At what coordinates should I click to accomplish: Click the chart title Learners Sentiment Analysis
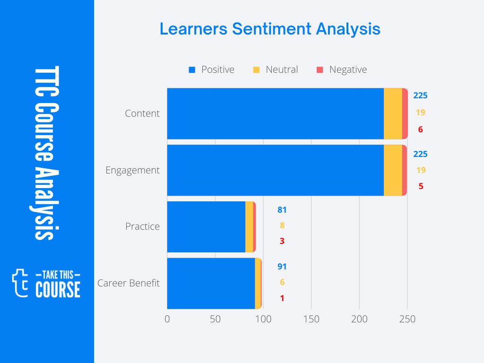[x=270, y=29]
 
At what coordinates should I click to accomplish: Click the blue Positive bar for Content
[x=275, y=113]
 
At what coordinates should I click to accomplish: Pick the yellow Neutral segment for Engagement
[x=393, y=170]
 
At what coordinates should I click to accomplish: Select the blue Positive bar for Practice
[x=206, y=226]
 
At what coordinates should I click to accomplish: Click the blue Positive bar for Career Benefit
[x=211, y=283]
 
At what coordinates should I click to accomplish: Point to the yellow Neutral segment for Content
[x=393, y=113]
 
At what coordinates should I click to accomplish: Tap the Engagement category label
[x=132, y=170]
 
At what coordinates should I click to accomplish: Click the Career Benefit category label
[x=129, y=283]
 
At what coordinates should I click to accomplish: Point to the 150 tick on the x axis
[x=311, y=319]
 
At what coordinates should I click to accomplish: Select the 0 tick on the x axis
[x=167, y=319]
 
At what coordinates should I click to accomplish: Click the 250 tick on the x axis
[x=407, y=319]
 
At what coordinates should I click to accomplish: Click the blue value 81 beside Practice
[x=282, y=210]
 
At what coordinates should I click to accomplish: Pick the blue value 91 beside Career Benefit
[x=282, y=267]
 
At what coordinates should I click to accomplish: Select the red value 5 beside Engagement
[x=420, y=186]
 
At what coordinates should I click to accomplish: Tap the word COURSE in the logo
[x=58, y=289]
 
